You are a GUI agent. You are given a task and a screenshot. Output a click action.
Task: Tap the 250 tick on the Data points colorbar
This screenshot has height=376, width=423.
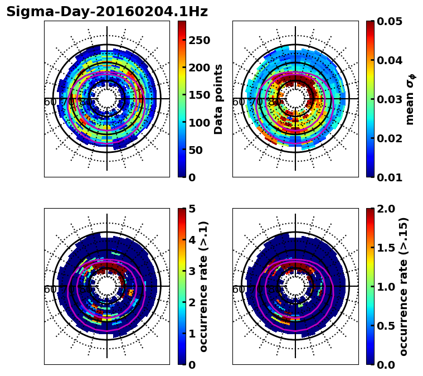click(x=200, y=40)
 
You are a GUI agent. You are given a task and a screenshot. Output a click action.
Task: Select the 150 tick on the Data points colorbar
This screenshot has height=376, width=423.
click(x=200, y=95)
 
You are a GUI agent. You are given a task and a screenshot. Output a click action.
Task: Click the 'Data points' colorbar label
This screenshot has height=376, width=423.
click(x=218, y=99)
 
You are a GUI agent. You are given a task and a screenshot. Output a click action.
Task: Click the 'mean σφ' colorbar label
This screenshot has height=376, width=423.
click(x=410, y=99)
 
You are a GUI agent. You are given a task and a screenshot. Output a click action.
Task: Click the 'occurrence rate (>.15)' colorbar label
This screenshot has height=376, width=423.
click(x=403, y=287)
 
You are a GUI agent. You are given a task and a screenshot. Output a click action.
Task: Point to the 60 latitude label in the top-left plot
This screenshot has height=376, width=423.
click(x=50, y=102)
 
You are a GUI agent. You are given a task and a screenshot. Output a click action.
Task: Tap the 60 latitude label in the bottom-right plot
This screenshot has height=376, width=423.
click(x=238, y=290)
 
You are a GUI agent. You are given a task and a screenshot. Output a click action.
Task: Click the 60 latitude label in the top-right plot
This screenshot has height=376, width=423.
click(x=238, y=102)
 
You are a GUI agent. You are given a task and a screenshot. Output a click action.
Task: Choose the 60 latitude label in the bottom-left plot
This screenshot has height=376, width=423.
click(x=50, y=290)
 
